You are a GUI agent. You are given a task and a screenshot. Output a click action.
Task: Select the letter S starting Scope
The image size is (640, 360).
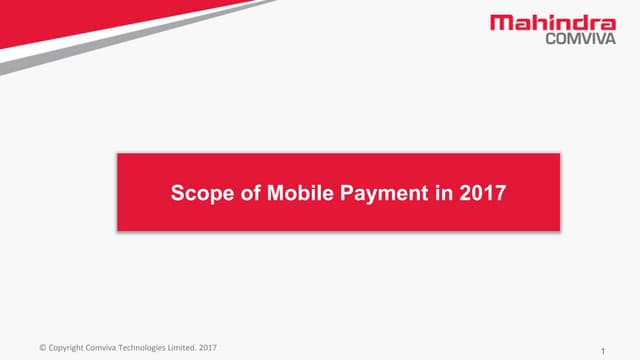pos(179,193)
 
